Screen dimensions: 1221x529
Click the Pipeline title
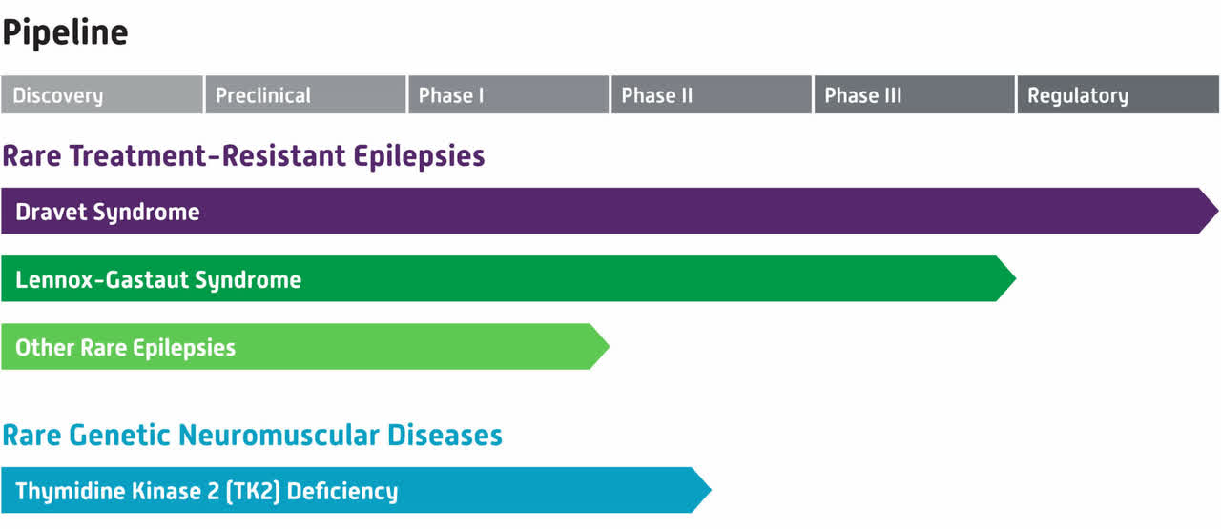point(65,32)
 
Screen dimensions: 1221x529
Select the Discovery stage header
point(102,94)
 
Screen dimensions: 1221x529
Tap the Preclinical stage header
point(305,94)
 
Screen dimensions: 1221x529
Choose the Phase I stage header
point(508,94)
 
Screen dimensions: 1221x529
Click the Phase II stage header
point(712,94)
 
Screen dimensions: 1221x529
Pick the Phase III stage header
point(914,94)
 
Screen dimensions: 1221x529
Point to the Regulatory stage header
point(1118,94)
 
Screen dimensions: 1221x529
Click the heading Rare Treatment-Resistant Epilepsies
point(243,156)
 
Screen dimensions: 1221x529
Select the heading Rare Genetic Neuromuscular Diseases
point(253,436)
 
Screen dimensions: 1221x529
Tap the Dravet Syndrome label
point(108,212)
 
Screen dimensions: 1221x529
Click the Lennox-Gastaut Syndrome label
point(158,279)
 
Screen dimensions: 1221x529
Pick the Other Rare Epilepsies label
point(125,348)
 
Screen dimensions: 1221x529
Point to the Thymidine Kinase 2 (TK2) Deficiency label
point(207,491)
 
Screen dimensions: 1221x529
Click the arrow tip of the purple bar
point(1218,211)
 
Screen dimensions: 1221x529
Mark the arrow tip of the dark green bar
point(1016,278)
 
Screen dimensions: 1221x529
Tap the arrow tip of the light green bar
point(609,347)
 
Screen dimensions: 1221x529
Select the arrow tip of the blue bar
point(711,490)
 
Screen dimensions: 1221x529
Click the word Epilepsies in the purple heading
point(419,156)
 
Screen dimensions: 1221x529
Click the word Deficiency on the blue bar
point(342,491)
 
